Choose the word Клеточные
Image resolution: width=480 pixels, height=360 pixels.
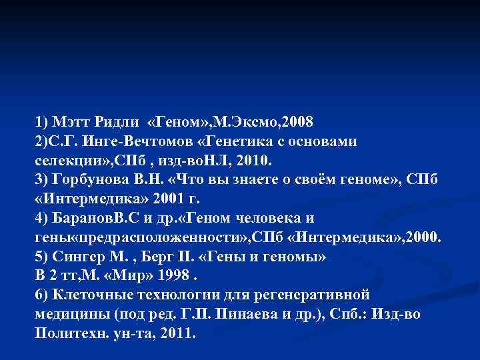click(90, 295)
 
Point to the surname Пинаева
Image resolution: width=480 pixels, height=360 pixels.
click(236, 315)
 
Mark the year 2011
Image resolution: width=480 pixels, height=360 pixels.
click(175, 334)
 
